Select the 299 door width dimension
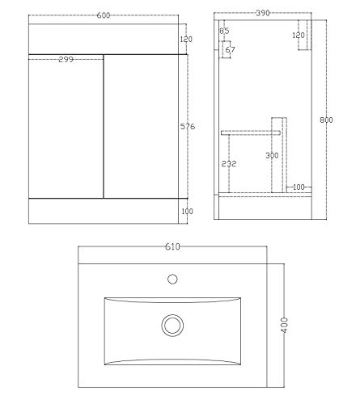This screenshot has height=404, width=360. coord(70,60)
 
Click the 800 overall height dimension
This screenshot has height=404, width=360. coord(326,120)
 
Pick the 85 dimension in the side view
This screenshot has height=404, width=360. coord(224,32)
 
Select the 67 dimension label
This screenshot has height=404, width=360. coord(231,50)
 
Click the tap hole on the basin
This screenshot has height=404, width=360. coord(172,280)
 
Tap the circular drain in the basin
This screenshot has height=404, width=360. coord(172,326)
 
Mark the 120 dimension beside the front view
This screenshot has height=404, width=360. coord(188,39)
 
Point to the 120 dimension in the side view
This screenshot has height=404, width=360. coord(298,36)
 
